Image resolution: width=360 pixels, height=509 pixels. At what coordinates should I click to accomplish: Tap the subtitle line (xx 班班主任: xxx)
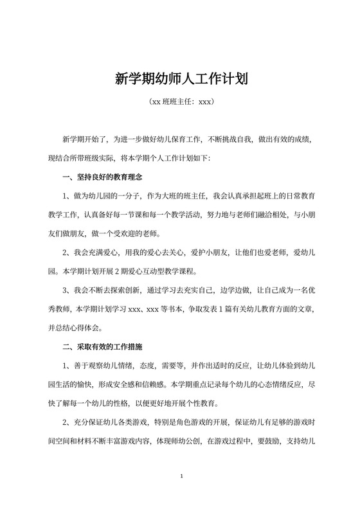click(x=180, y=102)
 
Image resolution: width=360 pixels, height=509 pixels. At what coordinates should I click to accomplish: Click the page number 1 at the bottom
click(x=183, y=476)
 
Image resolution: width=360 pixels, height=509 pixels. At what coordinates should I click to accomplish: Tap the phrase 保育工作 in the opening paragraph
click(x=179, y=139)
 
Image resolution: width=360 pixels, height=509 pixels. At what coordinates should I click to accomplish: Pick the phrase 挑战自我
click(x=235, y=139)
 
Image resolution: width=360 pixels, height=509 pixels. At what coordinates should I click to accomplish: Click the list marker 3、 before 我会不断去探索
click(x=67, y=290)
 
